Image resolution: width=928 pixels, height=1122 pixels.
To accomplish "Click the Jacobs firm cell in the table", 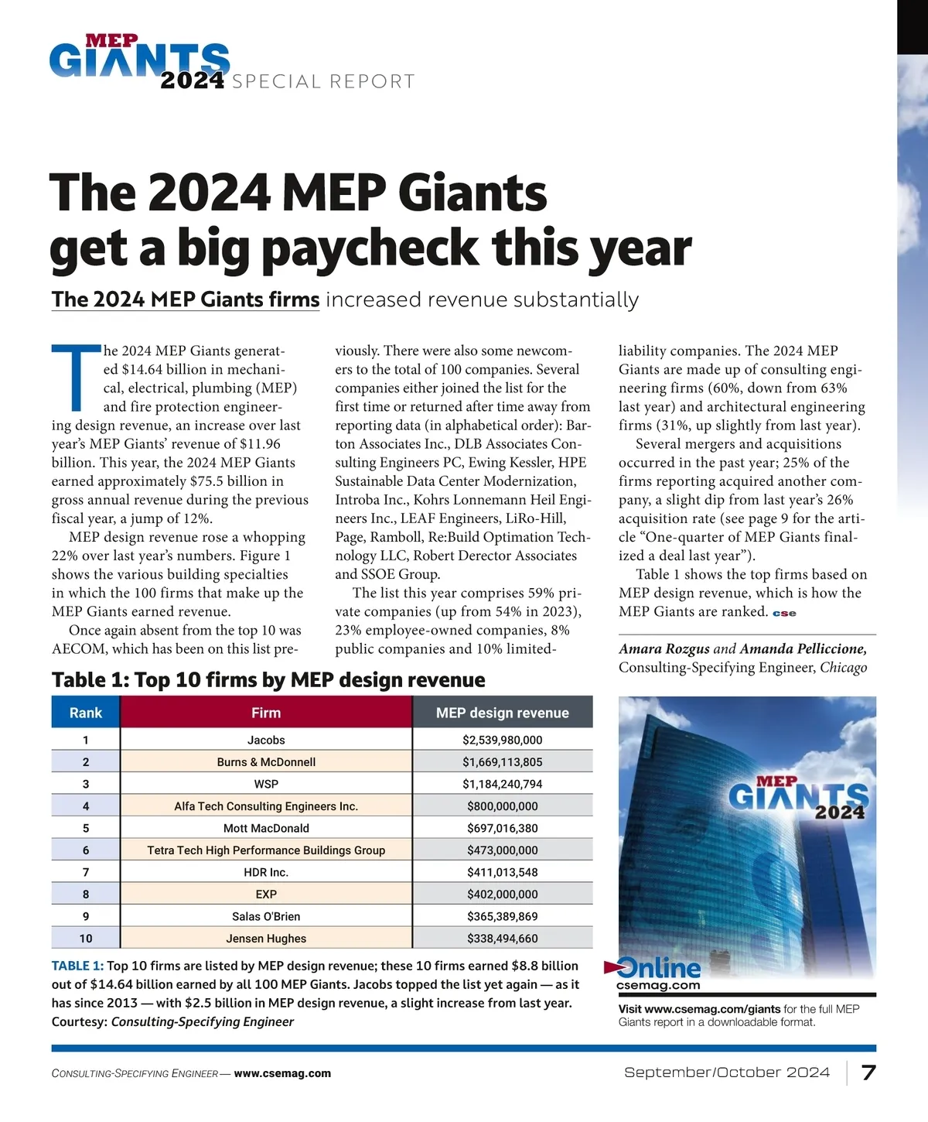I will (266, 740).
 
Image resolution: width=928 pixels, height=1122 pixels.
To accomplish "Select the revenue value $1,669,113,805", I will (503, 762).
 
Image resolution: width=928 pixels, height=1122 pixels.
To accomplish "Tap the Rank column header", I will (86, 713).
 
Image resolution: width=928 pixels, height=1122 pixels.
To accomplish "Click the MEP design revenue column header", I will (503, 713).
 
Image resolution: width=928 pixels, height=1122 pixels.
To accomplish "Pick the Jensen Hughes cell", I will (266, 939).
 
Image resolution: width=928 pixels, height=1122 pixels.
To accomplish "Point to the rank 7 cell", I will (86, 872).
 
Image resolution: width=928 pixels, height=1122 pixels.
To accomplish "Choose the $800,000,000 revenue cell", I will (503, 806).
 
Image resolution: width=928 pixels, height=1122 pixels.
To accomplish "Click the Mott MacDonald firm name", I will (266, 828).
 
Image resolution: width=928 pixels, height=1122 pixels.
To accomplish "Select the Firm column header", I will (266, 713).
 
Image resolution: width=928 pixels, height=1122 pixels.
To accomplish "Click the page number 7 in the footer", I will (868, 1072).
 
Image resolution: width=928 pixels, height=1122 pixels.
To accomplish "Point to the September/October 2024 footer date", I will (727, 1072).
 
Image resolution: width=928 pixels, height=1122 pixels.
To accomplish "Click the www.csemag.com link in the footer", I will (282, 1073).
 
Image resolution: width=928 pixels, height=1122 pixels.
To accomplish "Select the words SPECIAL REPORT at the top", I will (323, 82).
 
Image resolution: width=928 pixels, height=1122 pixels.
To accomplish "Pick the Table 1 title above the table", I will (268, 679).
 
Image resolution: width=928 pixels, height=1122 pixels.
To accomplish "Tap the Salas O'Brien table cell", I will (266, 916).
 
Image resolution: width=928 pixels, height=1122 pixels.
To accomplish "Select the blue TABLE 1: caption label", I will (77, 966).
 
